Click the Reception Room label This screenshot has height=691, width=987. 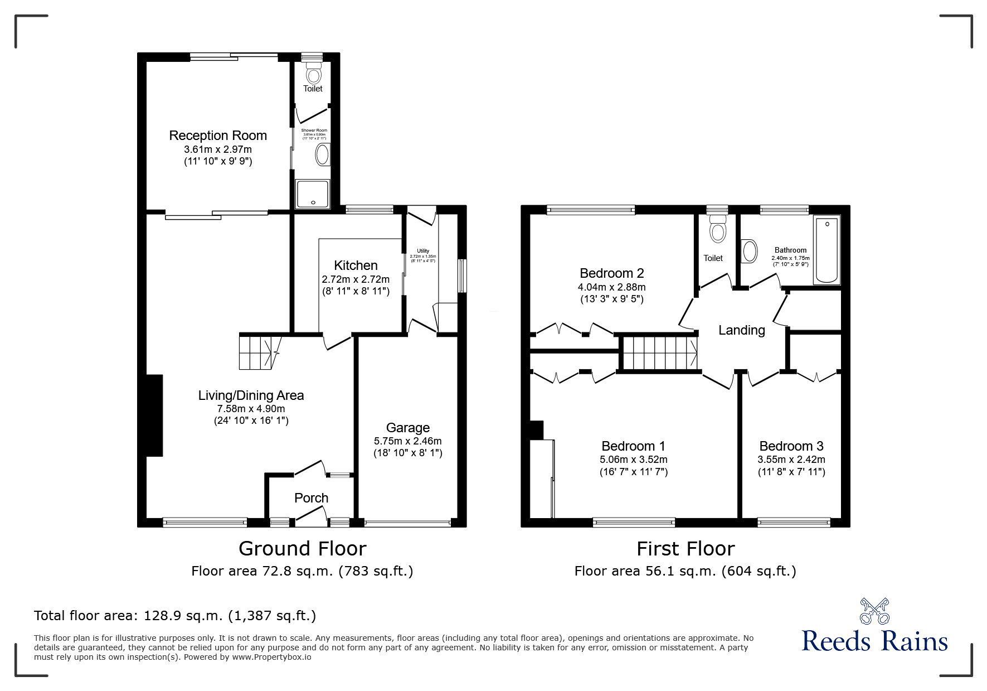coord(218,136)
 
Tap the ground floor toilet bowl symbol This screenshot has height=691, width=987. coord(314,74)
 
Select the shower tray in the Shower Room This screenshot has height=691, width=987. coord(312,194)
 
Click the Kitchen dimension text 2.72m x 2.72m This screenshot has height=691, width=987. coord(356,279)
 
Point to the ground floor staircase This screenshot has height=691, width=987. coord(258,351)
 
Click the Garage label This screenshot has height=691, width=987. coord(408,428)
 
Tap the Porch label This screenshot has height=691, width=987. coord(311,497)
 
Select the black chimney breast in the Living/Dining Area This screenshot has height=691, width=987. coord(154,415)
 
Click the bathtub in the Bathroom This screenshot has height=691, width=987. coord(826,251)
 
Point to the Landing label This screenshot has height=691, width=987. coord(741,330)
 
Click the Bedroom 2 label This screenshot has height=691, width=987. coord(612,273)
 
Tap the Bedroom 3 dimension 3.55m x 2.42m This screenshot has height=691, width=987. coord(791,460)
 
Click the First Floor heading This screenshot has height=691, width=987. coord(685,549)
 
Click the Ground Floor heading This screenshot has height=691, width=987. coord(302,549)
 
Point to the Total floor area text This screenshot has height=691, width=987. coord(175,616)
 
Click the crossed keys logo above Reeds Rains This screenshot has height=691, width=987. coord(874,611)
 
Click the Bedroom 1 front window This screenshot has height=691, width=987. coord(634,523)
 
